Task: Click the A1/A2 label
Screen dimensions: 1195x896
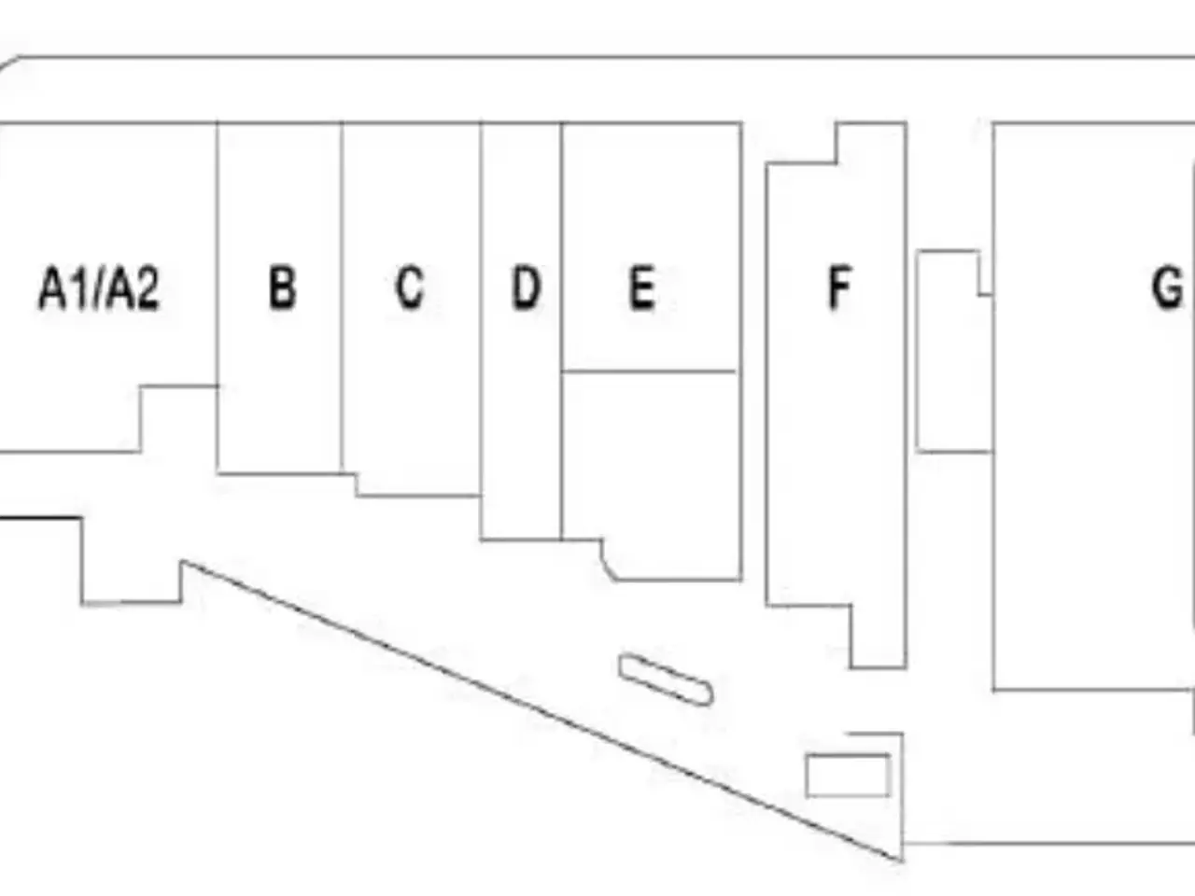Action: [99, 288]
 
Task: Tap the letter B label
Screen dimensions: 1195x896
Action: [283, 288]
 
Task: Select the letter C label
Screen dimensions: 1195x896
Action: [410, 287]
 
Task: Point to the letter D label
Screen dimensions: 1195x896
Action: [527, 288]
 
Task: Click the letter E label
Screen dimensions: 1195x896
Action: [642, 288]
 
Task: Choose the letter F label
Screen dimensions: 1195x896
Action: [839, 288]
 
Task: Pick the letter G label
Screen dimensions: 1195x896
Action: [1167, 287]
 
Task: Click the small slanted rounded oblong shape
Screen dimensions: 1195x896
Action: [666, 680]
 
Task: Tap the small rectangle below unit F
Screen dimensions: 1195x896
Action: [848, 776]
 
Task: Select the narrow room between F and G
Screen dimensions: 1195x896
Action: [953, 351]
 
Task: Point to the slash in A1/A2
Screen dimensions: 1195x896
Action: [100, 288]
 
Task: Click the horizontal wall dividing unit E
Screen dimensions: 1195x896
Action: [649, 371]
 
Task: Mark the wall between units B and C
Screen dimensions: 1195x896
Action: [342, 298]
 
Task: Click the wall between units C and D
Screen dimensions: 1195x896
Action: [480, 309]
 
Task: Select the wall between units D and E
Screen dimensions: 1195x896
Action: [561, 330]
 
